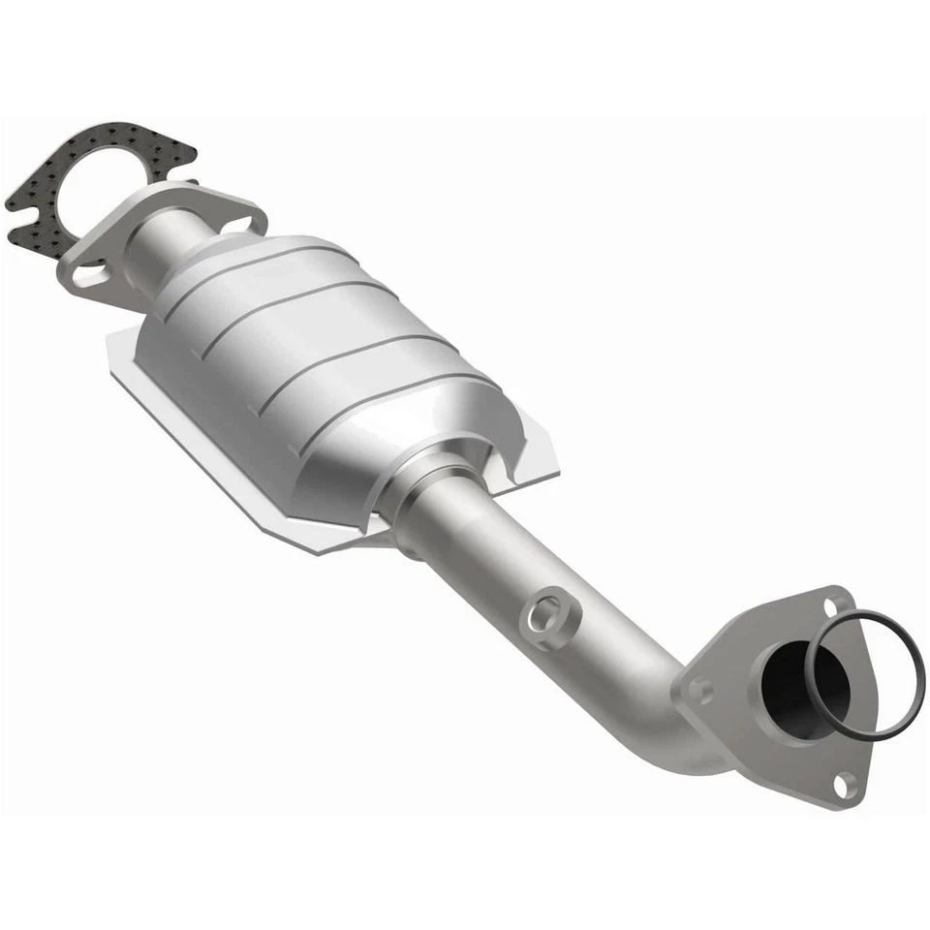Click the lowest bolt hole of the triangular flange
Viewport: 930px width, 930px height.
[x=846, y=782]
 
